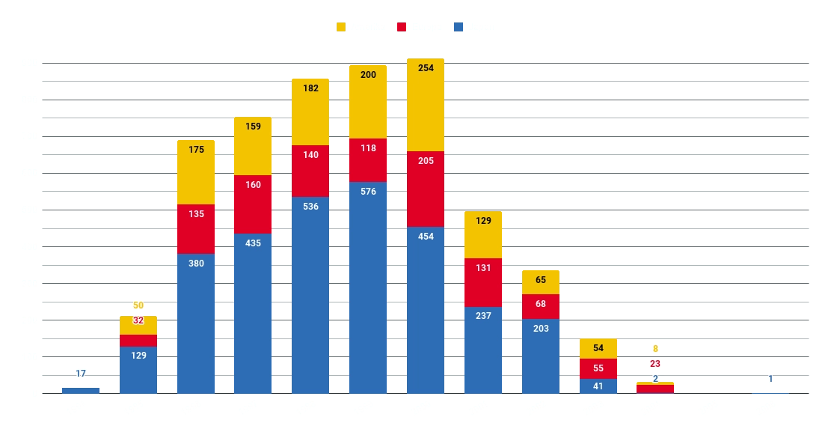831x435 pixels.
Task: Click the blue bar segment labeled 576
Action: [x=368, y=288]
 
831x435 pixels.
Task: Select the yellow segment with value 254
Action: [x=426, y=105]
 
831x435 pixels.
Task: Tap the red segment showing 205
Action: [x=426, y=189]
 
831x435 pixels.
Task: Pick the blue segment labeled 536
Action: [x=310, y=295]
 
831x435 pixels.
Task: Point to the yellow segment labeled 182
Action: [x=310, y=112]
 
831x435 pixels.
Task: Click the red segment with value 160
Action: [x=253, y=204]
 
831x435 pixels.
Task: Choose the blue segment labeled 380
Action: [x=196, y=323]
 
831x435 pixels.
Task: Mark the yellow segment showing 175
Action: [x=196, y=171]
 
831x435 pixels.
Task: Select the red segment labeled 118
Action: [x=368, y=159]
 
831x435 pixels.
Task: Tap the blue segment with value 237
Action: [x=483, y=350]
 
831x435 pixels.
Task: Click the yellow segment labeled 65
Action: [x=541, y=282]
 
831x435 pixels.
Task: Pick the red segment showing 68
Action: [x=541, y=306]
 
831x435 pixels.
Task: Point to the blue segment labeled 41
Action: [x=598, y=386]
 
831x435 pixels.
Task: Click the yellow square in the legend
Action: [x=341, y=27]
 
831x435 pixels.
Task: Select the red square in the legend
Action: [x=401, y=27]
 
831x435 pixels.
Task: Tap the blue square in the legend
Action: [x=458, y=27]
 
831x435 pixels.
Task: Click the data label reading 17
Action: [x=81, y=373]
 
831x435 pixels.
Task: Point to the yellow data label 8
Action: [x=655, y=348]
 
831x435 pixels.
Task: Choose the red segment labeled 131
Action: [x=483, y=282]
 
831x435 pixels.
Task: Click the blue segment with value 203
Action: [x=541, y=356]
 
